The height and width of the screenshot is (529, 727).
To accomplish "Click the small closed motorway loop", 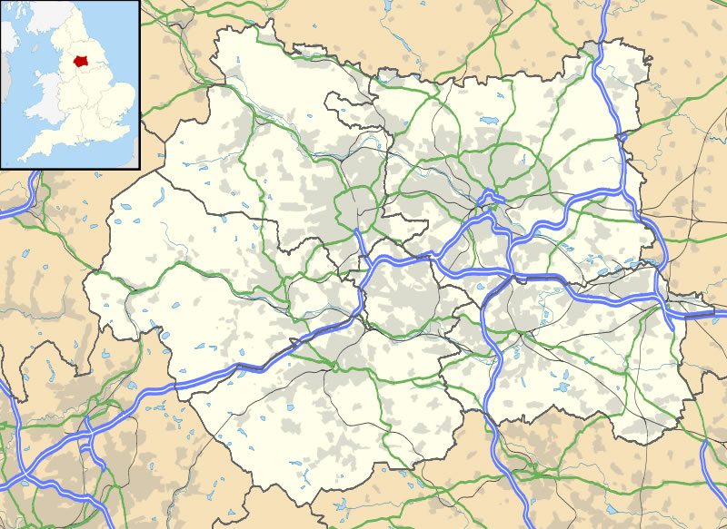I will click(x=492, y=197).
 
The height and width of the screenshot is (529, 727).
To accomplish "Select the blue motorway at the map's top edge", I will click(x=605, y=7).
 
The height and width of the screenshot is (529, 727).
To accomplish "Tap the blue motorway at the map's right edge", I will click(x=718, y=315).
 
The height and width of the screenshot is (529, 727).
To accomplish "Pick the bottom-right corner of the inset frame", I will click(x=139, y=168).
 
